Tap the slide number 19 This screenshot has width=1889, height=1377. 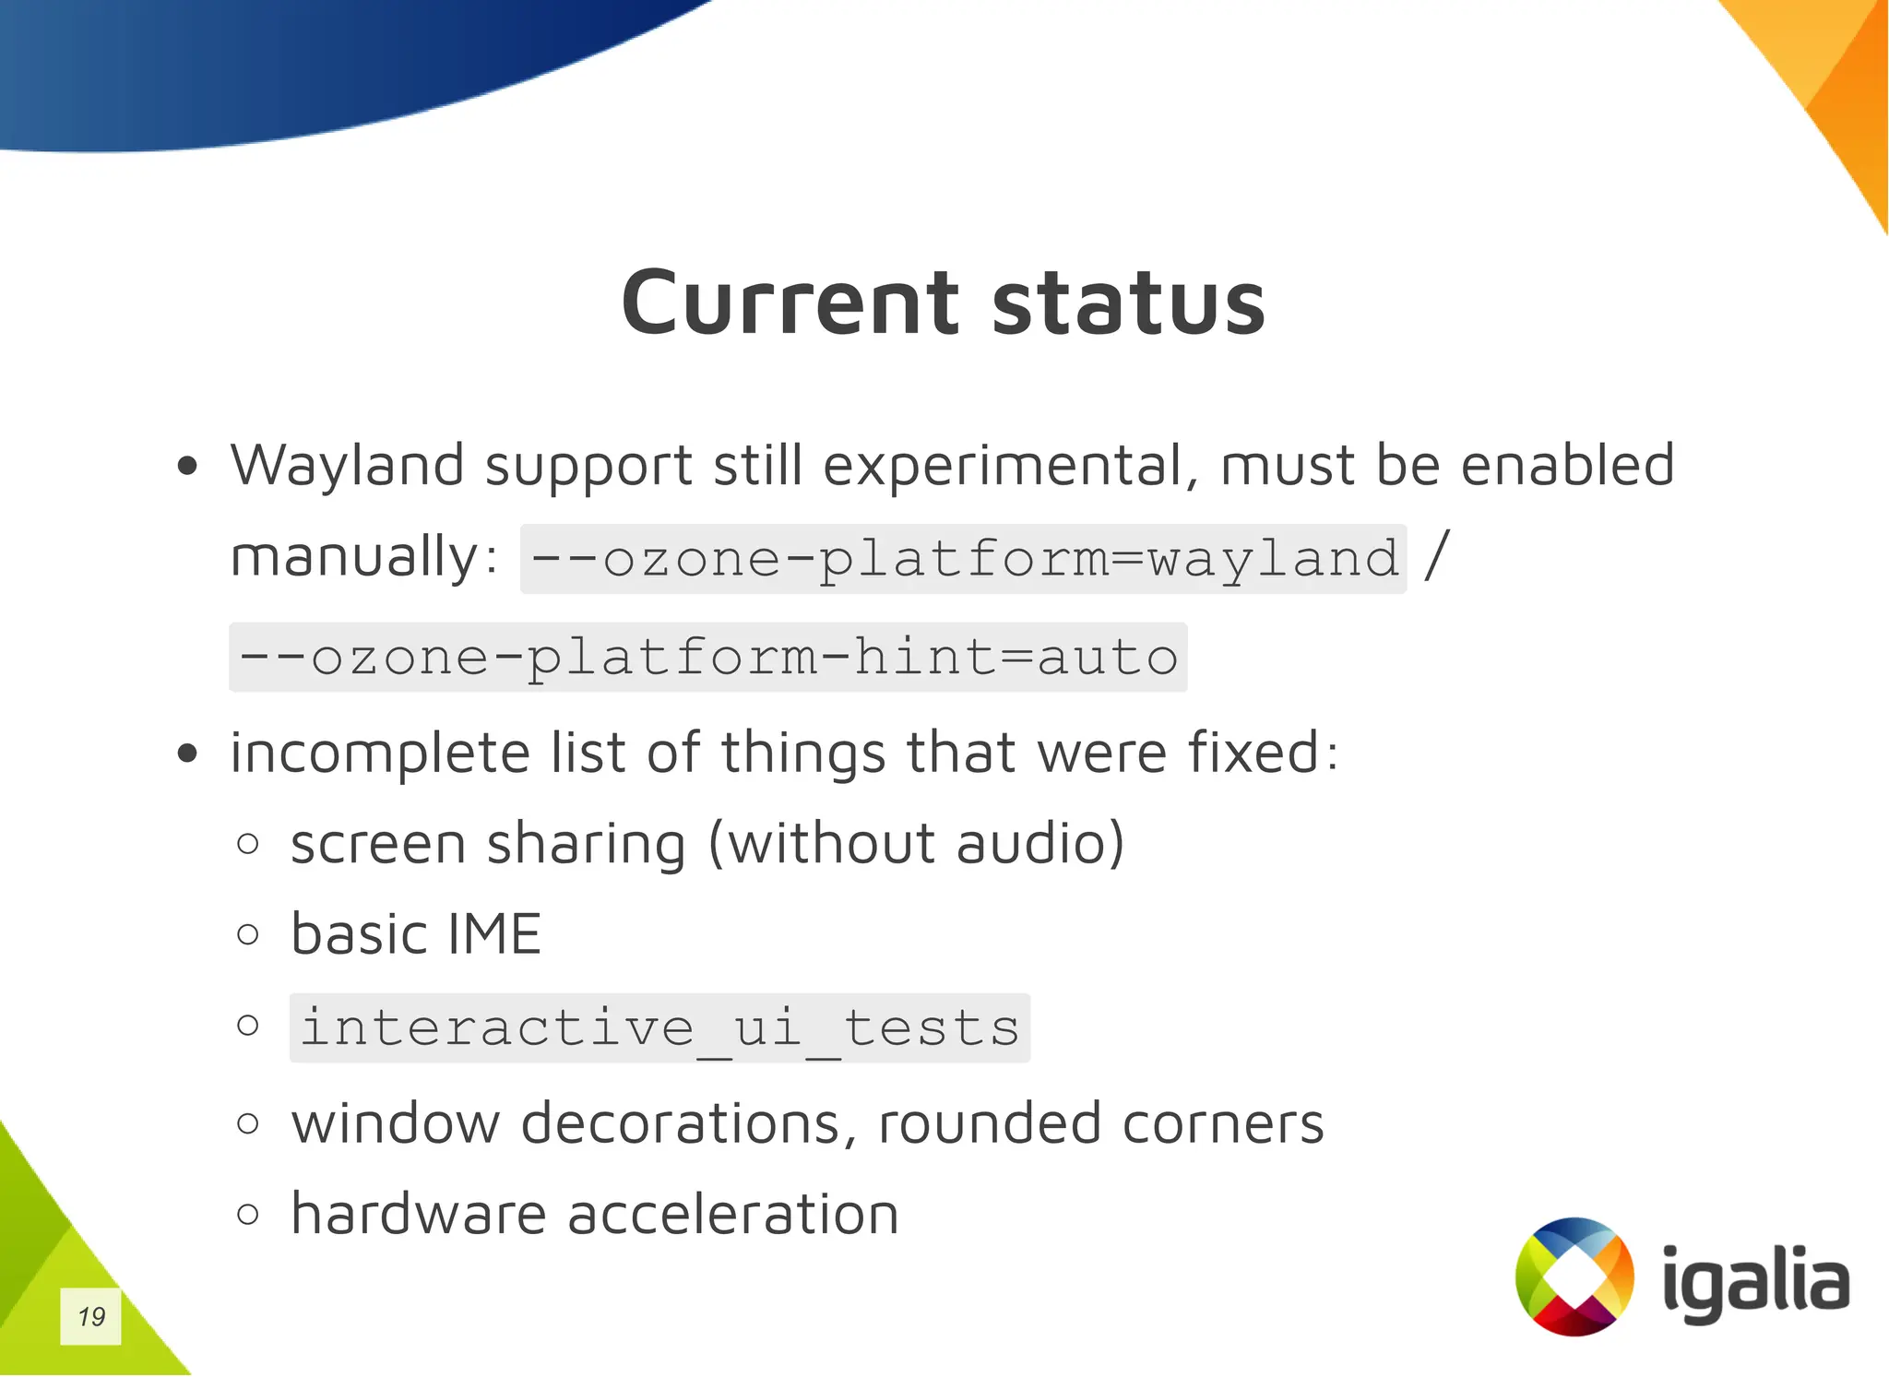point(91,1316)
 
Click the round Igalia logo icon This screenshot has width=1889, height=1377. point(1574,1276)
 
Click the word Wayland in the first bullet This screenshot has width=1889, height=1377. point(347,467)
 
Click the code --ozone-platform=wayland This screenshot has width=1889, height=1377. point(963,559)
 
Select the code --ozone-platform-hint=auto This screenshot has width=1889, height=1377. point(707,658)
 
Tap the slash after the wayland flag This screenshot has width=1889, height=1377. point(1437,555)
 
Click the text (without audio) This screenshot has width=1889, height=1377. point(916,844)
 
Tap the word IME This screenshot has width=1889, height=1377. point(493,934)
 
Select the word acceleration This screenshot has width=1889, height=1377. point(733,1215)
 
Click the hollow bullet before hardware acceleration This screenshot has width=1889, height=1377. point(247,1214)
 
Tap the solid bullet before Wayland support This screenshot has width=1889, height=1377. point(188,467)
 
